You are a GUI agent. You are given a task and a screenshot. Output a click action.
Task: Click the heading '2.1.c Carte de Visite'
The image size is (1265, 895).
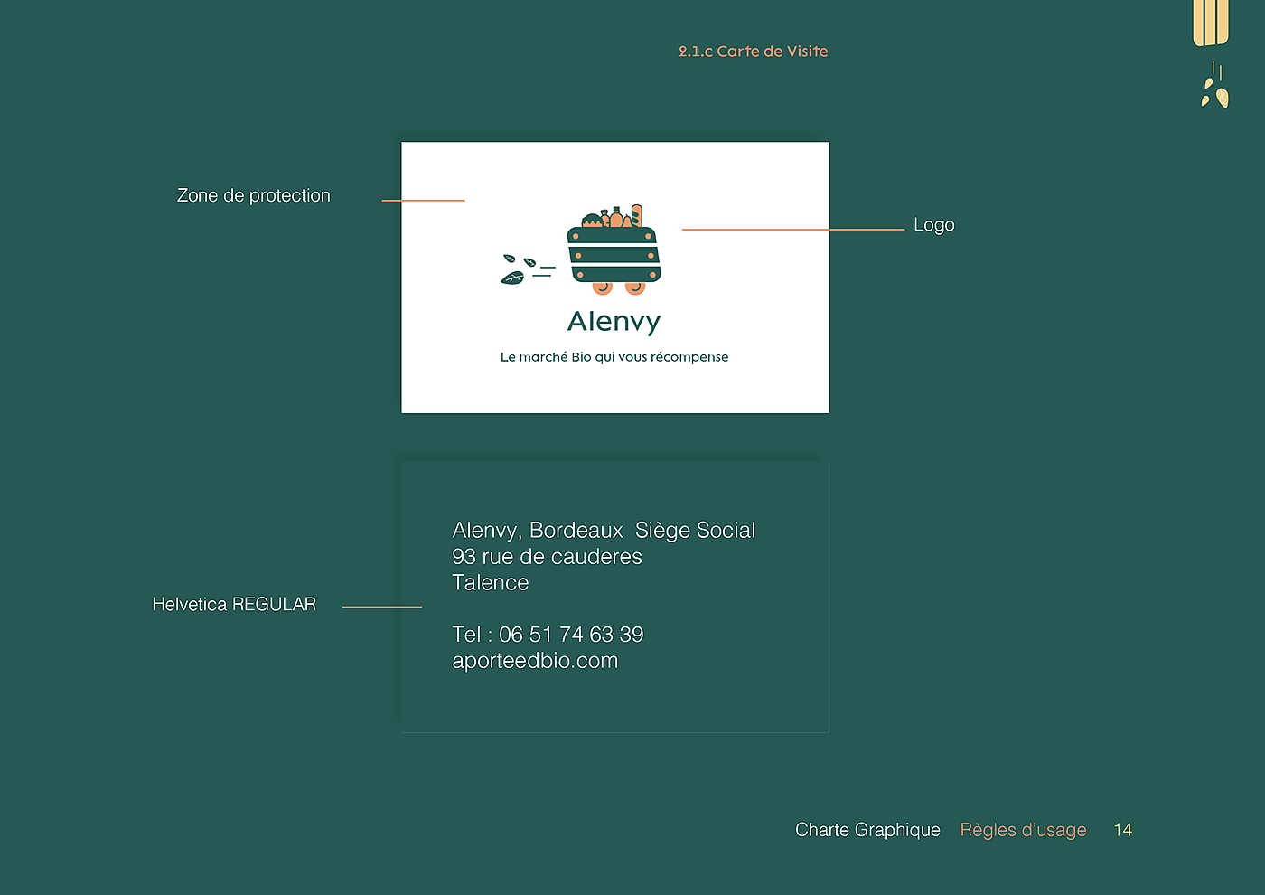[753, 52]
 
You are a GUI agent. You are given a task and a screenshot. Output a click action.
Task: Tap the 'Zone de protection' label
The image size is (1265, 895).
[253, 195]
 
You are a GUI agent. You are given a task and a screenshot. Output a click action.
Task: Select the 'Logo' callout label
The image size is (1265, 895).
[933, 225]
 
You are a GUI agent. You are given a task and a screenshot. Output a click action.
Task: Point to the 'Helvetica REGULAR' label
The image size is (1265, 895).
[234, 604]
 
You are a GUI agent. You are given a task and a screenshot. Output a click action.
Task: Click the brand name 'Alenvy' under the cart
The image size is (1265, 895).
[614, 321]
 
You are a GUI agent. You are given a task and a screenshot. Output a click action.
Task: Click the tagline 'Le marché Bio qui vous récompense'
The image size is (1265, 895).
[614, 357]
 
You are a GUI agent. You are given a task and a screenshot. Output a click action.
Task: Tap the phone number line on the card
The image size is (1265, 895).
[548, 635]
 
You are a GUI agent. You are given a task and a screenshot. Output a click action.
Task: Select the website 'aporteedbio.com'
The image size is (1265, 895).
[535, 661]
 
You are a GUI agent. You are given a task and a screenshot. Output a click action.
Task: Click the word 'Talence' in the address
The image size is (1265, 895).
[491, 583]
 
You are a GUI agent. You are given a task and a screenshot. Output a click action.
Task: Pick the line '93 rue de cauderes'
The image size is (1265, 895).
[547, 557]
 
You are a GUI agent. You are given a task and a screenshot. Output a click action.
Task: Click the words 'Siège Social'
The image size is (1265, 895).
[695, 531]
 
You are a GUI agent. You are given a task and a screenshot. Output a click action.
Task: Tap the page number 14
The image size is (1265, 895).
[1122, 830]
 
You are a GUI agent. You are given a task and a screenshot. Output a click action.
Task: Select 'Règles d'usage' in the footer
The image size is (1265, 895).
[1023, 830]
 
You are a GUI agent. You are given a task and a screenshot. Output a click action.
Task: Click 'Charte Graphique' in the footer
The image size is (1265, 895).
[867, 830]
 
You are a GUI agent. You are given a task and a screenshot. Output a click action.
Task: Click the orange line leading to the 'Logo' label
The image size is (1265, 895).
[792, 230]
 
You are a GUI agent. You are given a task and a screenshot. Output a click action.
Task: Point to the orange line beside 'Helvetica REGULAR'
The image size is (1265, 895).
[381, 607]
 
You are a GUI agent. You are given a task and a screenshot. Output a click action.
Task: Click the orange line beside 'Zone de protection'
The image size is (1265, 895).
[423, 200]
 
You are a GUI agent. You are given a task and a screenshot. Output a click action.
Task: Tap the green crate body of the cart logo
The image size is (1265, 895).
[614, 256]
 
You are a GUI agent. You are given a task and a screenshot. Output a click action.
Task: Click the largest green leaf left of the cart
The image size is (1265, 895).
[512, 278]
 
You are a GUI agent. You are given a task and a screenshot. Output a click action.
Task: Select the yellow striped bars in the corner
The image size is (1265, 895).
[1211, 22]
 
